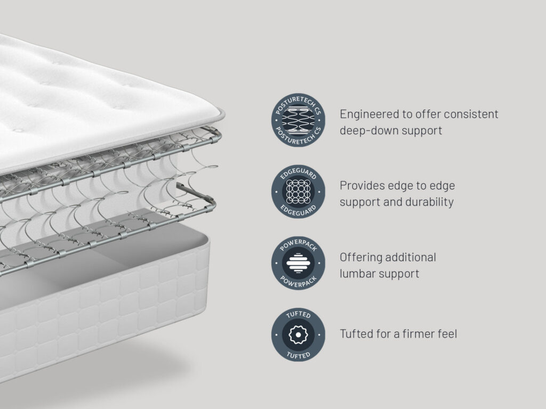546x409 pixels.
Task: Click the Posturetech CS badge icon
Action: pos(298,120)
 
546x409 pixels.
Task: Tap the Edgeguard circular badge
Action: pos(298,192)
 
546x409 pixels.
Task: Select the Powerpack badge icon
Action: pos(298,263)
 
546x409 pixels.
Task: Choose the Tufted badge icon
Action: pos(298,334)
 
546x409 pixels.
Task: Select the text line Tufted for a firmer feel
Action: pos(398,334)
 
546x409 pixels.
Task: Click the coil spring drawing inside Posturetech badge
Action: pos(298,120)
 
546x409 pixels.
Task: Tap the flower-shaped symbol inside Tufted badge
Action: pos(298,335)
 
